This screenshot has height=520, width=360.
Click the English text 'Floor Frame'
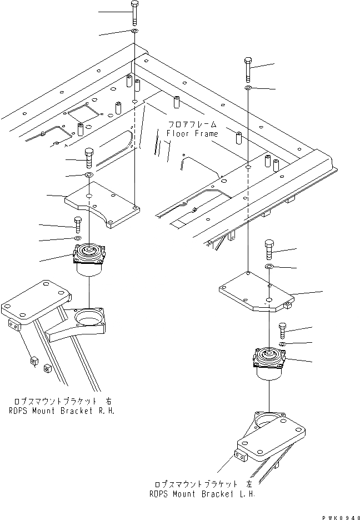coord(192,134)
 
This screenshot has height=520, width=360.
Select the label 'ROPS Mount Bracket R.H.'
coord(63,412)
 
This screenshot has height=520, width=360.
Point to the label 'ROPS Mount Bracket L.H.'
coord(201,493)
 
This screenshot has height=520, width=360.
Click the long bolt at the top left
coord(134,13)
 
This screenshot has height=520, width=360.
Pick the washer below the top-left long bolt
coord(135,32)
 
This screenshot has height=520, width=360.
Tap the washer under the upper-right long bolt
coord(248,88)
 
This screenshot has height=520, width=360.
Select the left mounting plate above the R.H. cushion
coord(103,203)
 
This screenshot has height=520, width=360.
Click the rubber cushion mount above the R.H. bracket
coord(89,260)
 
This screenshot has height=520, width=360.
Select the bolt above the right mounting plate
coord(269,249)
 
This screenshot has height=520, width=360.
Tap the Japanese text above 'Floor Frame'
coord(192,124)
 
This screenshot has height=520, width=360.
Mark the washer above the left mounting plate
coord(88,175)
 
